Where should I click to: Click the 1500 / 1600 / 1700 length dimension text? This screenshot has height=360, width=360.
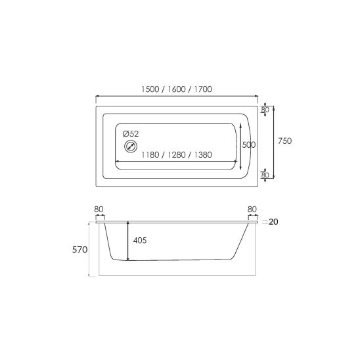[x=177, y=89]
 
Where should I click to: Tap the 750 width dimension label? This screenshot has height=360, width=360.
[x=284, y=141]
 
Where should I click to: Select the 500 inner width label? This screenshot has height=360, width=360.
[x=249, y=145]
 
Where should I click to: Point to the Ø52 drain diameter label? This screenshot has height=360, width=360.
[x=131, y=133]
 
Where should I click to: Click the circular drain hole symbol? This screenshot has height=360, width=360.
[x=131, y=146]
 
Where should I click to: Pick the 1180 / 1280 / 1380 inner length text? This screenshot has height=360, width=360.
[x=177, y=155]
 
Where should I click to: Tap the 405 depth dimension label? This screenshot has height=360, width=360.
[x=140, y=240]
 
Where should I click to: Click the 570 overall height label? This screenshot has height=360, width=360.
[x=79, y=250]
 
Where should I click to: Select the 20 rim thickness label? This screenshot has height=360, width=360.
[x=273, y=222]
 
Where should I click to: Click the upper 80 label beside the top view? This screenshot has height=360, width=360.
[x=265, y=110]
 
